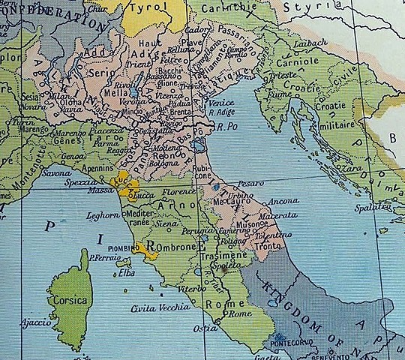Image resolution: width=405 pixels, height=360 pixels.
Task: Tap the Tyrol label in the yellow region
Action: click(150, 8)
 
